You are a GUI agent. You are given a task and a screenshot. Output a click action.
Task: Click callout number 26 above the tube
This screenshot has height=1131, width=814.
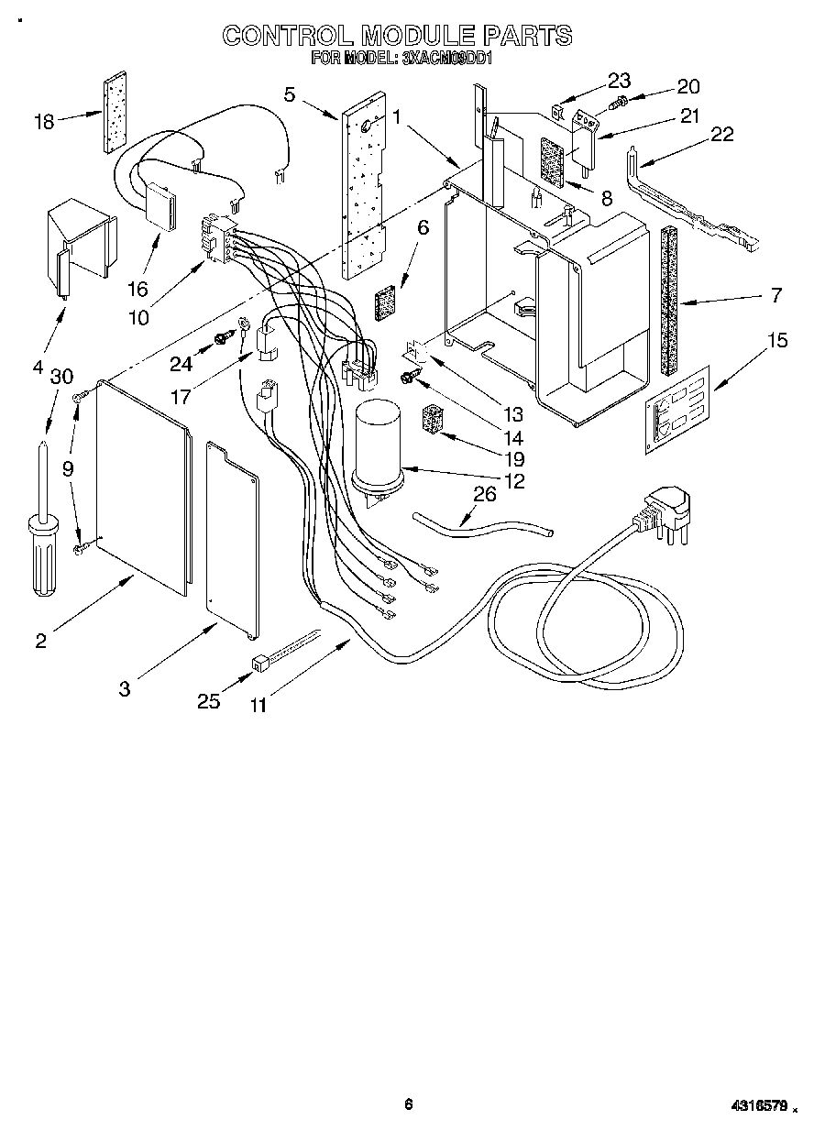[483, 496]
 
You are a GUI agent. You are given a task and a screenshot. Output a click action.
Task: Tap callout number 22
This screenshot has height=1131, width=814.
[722, 135]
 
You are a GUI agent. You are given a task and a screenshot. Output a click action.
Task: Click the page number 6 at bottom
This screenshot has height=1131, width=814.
[408, 1104]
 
